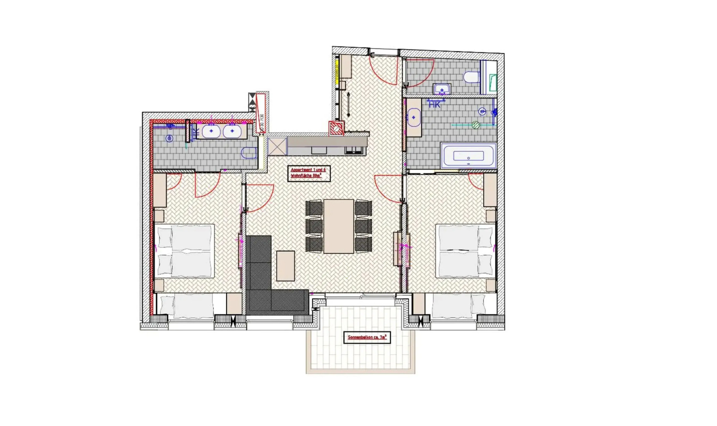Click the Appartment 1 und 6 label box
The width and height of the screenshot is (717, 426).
click(x=309, y=173)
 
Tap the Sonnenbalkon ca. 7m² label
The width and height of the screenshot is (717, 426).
click(x=367, y=338)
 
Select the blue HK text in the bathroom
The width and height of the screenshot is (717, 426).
click(x=434, y=105)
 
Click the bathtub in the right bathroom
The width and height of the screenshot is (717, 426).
click(x=468, y=156)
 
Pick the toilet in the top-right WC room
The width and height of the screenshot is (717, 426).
click(x=472, y=77)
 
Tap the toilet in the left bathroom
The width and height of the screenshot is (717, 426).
click(x=249, y=153)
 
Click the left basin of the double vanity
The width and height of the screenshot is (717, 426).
click(x=211, y=131)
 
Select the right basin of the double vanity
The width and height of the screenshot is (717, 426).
click(x=232, y=131)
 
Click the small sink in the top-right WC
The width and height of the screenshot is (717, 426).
click(x=442, y=90)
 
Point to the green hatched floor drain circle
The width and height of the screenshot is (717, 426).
click(x=476, y=125)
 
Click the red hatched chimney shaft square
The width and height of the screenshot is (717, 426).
click(x=336, y=128)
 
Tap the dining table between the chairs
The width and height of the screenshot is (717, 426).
click(x=338, y=226)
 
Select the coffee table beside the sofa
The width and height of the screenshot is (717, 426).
click(x=285, y=266)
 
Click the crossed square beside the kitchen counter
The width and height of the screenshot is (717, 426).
click(x=277, y=146)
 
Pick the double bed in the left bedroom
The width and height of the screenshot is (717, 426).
click(x=184, y=251)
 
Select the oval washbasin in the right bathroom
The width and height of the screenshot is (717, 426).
click(x=413, y=118)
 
